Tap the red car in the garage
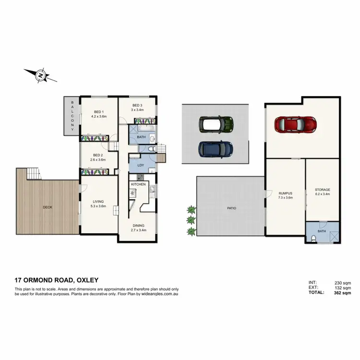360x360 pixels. point(295,124)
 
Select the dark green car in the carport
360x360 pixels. point(216,125)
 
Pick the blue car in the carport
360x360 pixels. point(216,149)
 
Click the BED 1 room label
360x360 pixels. point(98,111)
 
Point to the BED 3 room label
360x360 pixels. point(137,105)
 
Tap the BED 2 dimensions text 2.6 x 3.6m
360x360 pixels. point(98,159)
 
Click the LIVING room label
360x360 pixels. point(98,202)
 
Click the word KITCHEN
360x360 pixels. point(138,184)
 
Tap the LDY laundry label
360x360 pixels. point(141,166)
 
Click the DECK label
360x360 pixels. point(47,207)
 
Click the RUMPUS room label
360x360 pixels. point(285,193)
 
